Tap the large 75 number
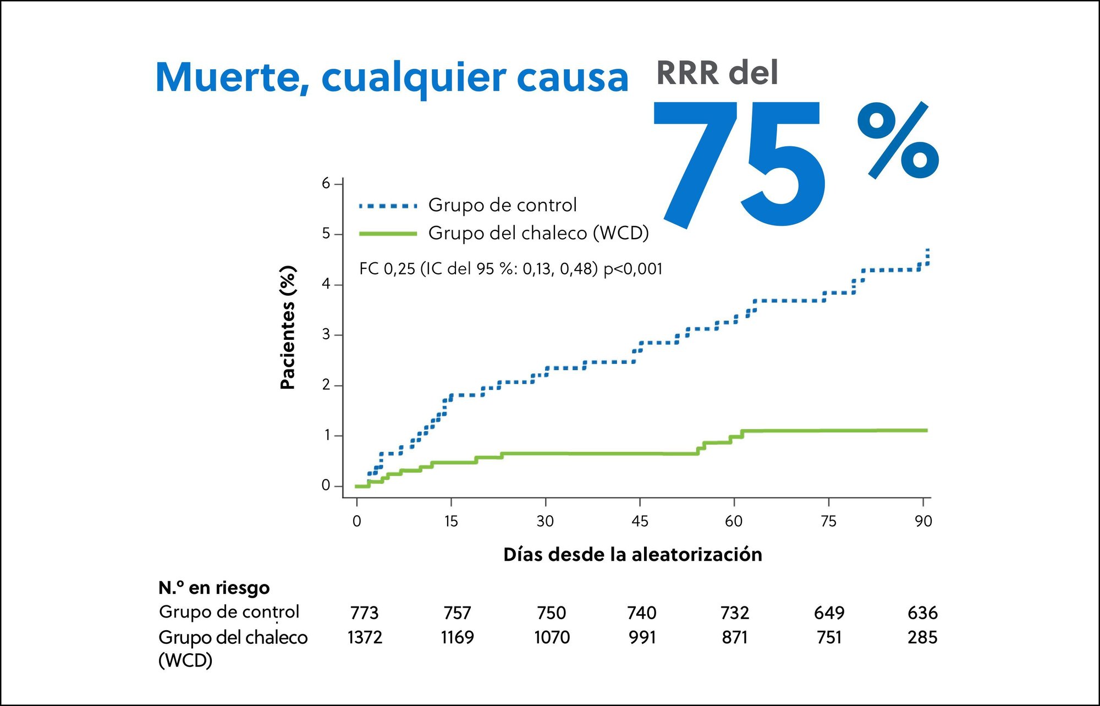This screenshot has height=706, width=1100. (740, 165)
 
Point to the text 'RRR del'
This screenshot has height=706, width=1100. (717, 73)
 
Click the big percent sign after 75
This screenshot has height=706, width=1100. (898, 141)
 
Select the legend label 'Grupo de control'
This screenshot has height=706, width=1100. (502, 205)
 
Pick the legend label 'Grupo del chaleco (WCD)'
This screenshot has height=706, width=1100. (538, 233)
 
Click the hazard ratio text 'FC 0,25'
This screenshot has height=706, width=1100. (387, 269)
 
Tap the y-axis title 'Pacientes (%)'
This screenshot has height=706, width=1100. (288, 328)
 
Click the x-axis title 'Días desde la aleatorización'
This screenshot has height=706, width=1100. (632, 554)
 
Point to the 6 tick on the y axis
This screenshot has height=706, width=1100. (326, 183)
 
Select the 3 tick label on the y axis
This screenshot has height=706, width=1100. (326, 334)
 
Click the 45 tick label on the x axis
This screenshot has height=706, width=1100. (640, 521)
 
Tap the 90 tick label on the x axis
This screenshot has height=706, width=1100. (923, 521)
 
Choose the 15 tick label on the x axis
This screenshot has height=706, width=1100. (451, 521)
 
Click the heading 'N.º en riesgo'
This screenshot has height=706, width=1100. (214, 588)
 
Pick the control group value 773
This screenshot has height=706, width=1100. (364, 613)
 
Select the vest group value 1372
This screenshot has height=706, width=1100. (365, 637)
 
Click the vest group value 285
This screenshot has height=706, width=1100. (922, 637)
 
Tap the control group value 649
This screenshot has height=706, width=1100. (829, 613)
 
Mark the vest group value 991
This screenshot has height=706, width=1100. (642, 637)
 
